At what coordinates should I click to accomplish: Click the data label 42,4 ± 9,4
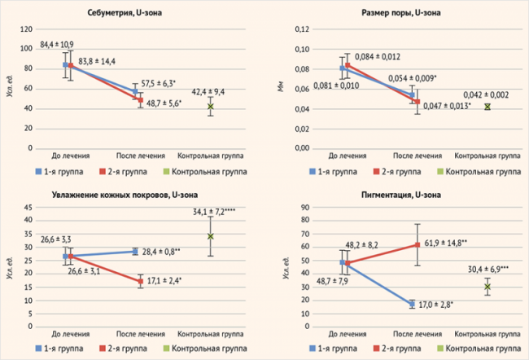tap(209, 92)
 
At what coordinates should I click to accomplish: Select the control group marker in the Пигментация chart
tap(487, 287)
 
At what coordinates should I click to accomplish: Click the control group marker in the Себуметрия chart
tap(210, 107)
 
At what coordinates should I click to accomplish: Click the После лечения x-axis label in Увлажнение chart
tap(140, 334)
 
